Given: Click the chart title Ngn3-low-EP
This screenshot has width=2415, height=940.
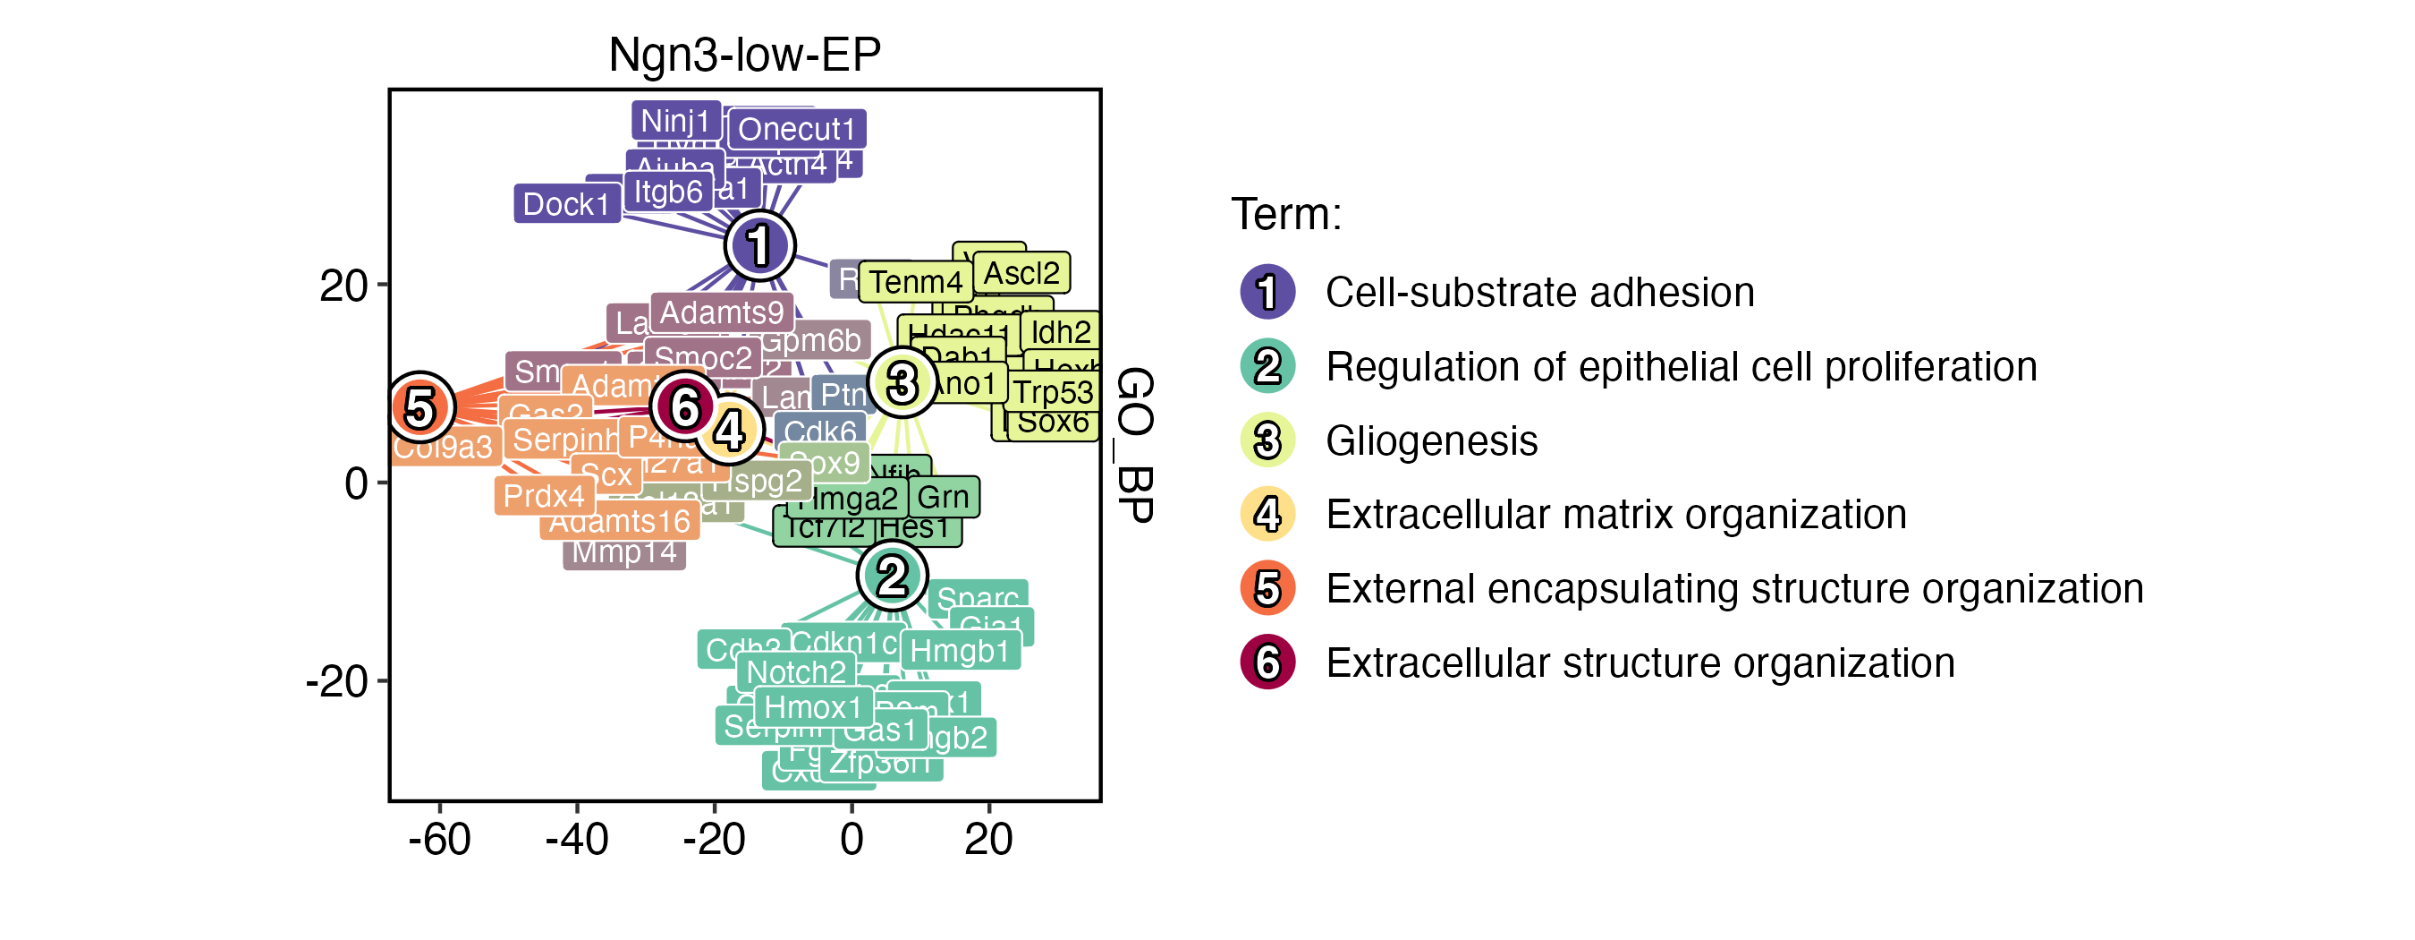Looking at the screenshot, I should point(744,55).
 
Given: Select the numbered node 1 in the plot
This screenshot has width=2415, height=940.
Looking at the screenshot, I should point(759,246).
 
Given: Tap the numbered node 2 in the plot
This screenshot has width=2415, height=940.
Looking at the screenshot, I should point(892,575).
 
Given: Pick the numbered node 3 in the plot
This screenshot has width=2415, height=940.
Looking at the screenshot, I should point(902,381).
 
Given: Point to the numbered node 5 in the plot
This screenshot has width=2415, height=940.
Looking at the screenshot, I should point(421,407).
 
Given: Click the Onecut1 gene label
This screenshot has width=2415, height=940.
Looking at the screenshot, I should point(797,130).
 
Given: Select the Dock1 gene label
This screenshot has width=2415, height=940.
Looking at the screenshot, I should point(566,203).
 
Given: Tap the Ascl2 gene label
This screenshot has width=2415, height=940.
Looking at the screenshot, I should point(1021,273).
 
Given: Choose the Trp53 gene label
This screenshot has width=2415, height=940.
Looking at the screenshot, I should point(1053,391).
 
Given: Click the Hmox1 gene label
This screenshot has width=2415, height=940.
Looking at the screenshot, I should point(812,706).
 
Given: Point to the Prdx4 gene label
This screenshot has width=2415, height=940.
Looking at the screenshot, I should point(544,495).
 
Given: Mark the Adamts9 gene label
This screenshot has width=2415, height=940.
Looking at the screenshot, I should point(721,312).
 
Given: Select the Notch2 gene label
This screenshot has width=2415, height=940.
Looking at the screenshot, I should point(796,671).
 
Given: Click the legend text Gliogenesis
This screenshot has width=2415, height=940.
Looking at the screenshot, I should point(1432,441).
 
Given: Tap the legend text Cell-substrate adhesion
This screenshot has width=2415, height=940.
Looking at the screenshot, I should point(1539,293).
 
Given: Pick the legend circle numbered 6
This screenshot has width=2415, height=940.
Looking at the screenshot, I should point(1267,662).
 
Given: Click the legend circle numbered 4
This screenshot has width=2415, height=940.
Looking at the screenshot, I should point(1267,514).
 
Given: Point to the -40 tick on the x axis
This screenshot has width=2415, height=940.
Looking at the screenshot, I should point(577,839).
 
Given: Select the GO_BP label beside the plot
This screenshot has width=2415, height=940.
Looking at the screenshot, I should point(1134,445).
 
